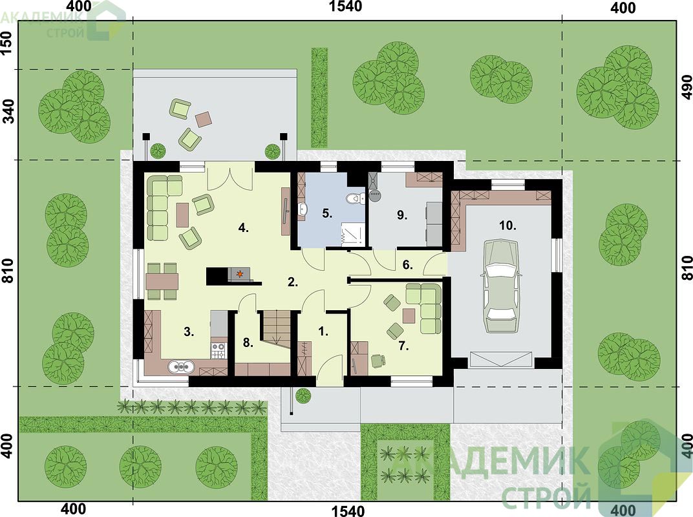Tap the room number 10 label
[508, 226]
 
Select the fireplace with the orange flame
[240, 275]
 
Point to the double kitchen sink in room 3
[181, 367]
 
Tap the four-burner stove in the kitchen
[219, 351]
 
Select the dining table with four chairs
[162, 282]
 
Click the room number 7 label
[403, 346]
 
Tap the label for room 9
[401, 216]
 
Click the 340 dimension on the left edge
[8, 111]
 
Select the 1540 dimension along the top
[346, 6]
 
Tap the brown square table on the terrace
[204, 118]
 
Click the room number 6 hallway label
[407, 265]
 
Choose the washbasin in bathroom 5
[303, 209]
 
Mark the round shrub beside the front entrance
[303, 396]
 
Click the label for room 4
[244, 228]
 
